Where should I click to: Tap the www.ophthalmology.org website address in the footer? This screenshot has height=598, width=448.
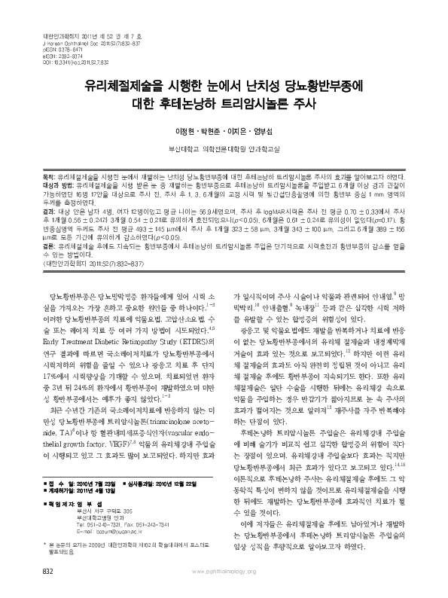pos(224,573)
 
